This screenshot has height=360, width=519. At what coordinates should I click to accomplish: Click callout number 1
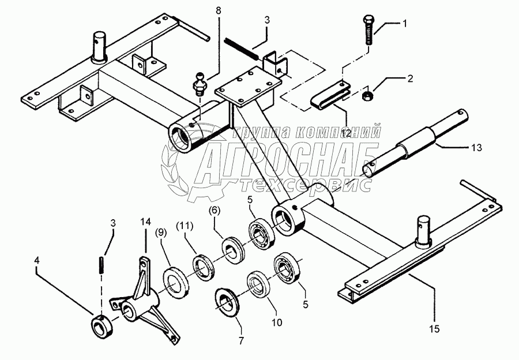(405, 24)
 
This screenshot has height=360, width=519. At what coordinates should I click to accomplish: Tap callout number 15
(435, 329)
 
